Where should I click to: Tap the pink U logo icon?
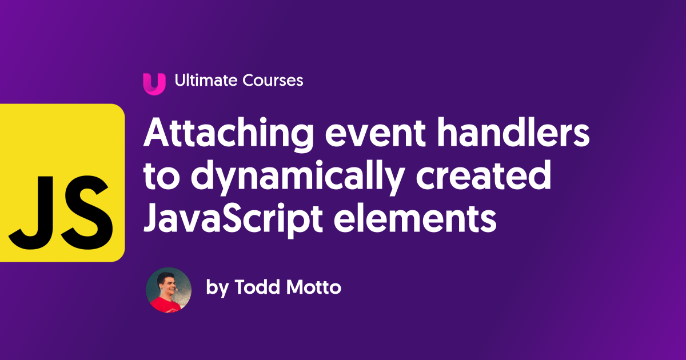pos(154,82)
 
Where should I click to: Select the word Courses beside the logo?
pos(273,81)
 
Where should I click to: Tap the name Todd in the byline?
pos(257,287)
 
